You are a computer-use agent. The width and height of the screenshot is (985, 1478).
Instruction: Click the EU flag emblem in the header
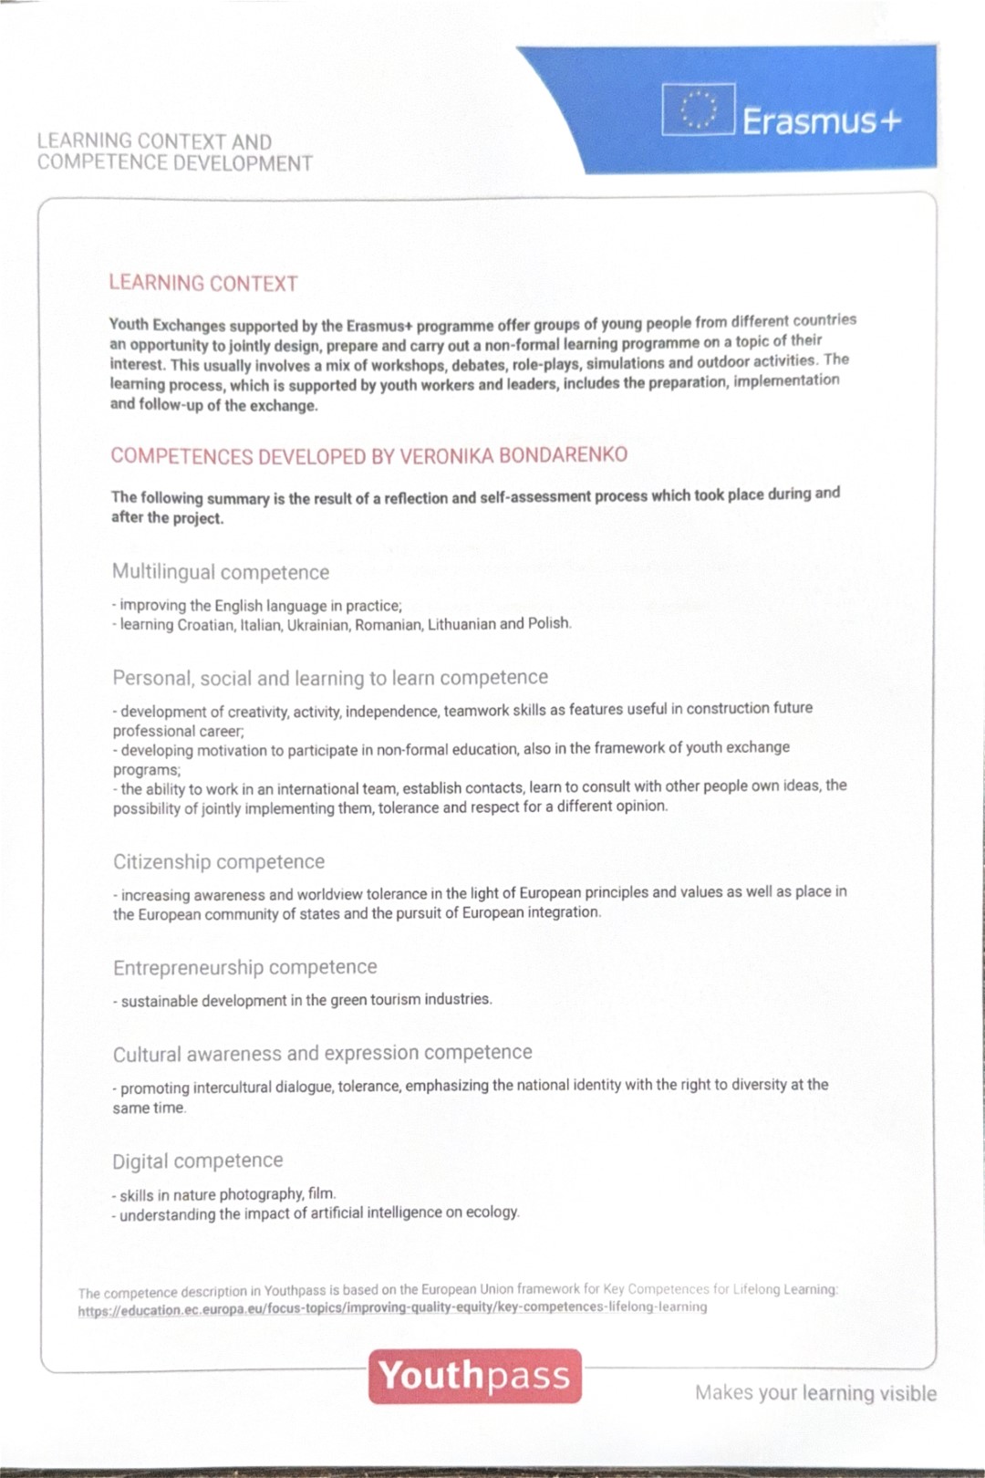click(x=698, y=109)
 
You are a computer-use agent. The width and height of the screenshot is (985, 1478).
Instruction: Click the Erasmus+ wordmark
click(x=822, y=120)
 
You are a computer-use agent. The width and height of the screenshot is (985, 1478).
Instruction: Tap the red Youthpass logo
click(x=474, y=1376)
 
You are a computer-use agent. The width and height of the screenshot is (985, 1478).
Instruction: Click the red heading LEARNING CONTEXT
click(x=203, y=283)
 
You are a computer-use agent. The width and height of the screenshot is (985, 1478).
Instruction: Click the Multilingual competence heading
click(x=221, y=572)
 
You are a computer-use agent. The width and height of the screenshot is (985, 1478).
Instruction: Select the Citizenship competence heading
click(x=219, y=861)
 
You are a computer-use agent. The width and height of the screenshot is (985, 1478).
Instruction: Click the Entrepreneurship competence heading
click(x=244, y=967)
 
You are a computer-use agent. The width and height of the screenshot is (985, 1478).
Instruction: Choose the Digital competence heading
click(x=198, y=1161)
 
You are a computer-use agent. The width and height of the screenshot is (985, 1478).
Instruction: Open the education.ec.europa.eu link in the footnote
click(x=392, y=1307)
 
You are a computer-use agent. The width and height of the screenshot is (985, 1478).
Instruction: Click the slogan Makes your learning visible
click(x=815, y=1393)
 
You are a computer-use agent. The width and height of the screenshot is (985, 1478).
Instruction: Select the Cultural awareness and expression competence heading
click(x=322, y=1053)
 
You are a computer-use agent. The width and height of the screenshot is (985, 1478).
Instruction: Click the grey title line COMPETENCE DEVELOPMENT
click(x=175, y=163)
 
